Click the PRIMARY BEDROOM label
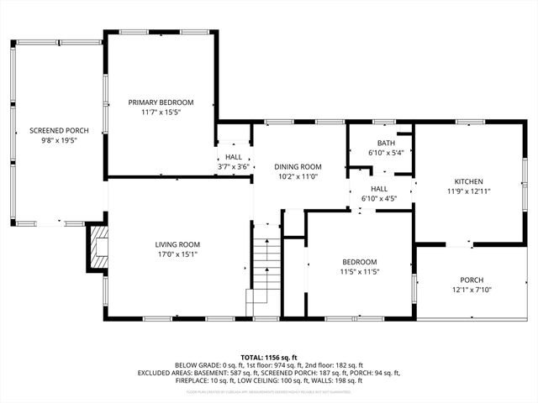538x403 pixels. [x=161, y=102]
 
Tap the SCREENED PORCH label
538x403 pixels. [x=59, y=130]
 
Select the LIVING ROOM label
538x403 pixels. [x=177, y=244]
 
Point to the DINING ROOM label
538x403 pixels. [x=299, y=167]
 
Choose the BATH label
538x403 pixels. [x=386, y=143]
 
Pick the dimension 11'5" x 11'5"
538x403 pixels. [x=358, y=272]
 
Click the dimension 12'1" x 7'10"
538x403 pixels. [x=472, y=290]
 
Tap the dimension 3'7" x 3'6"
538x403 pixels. [x=233, y=167]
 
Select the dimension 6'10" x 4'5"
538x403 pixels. [x=379, y=199]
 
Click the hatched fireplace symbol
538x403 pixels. [x=98, y=248]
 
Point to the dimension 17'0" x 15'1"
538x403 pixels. [x=177, y=254]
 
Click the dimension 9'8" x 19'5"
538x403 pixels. [x=59, y=140]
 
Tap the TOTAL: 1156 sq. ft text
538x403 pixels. [x=269, y=357]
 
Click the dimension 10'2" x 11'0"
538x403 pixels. [x=299, y=177]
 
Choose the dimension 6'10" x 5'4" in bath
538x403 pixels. [x=386, y=153]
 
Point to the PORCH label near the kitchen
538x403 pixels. [x=472, y=280]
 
